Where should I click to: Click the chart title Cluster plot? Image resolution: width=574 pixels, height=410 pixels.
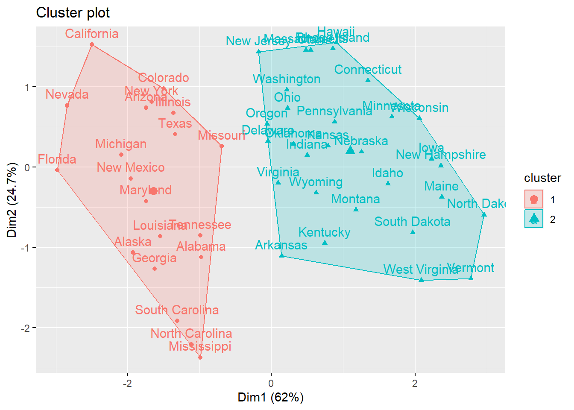73,13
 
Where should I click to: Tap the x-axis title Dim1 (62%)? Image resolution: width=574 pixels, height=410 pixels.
270,397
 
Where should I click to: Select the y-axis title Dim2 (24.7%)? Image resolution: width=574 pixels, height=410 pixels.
12,200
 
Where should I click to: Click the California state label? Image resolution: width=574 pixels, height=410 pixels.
91,34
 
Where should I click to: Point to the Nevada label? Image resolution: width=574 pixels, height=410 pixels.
67,94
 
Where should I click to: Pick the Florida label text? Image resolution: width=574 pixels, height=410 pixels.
57,159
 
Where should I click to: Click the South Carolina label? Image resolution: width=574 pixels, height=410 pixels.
177,310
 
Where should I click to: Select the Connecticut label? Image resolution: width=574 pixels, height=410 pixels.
368,69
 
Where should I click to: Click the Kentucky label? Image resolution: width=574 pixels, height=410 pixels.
324,232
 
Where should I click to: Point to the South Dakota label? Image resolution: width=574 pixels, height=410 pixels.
412,221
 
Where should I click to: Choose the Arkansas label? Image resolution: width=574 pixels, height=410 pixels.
281,245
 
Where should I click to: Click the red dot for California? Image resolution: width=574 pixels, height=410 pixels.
92,44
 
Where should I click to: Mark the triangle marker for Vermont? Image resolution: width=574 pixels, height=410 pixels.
471,278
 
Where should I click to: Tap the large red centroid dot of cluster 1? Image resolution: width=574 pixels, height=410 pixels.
153,191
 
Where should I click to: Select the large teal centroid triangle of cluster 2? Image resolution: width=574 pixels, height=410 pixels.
350,150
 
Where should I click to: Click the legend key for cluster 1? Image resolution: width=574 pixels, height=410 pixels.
533,199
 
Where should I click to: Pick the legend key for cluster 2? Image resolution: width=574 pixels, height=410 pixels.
533,219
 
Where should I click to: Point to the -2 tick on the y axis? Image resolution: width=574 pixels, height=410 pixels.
27,328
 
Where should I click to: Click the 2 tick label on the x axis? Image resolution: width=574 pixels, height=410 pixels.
414,383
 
